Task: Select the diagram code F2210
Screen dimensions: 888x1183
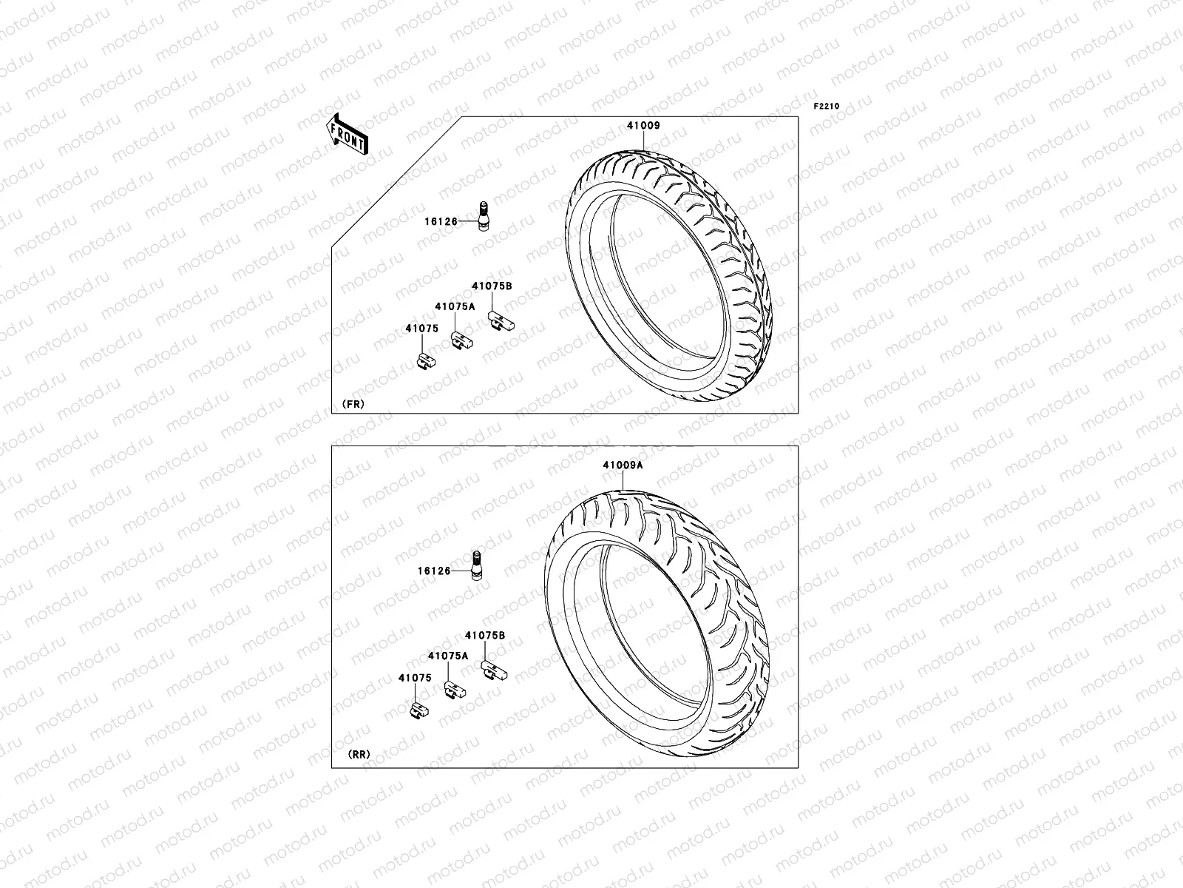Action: (827, 107)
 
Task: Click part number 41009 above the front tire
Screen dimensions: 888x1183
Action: (643, 126)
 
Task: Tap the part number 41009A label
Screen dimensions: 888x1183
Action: (623, 465)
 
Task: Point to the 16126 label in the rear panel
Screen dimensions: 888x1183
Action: (433, 571)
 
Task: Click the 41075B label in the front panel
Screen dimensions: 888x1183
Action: (492, 286)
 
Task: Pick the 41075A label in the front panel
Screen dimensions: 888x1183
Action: (455, 306)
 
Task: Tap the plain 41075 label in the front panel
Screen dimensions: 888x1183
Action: (421, 329)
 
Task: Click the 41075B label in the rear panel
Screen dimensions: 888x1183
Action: (485, 635)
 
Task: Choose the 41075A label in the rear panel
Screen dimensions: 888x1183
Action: (447, 656)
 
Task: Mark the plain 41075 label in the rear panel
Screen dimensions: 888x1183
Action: (414, 678)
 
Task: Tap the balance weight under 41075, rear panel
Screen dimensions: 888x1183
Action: (419, 710)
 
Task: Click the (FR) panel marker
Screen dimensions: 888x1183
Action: (353, 404)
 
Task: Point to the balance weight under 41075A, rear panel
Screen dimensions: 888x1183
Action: (454, 690)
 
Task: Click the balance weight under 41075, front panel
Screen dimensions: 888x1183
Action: (427, 360)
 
